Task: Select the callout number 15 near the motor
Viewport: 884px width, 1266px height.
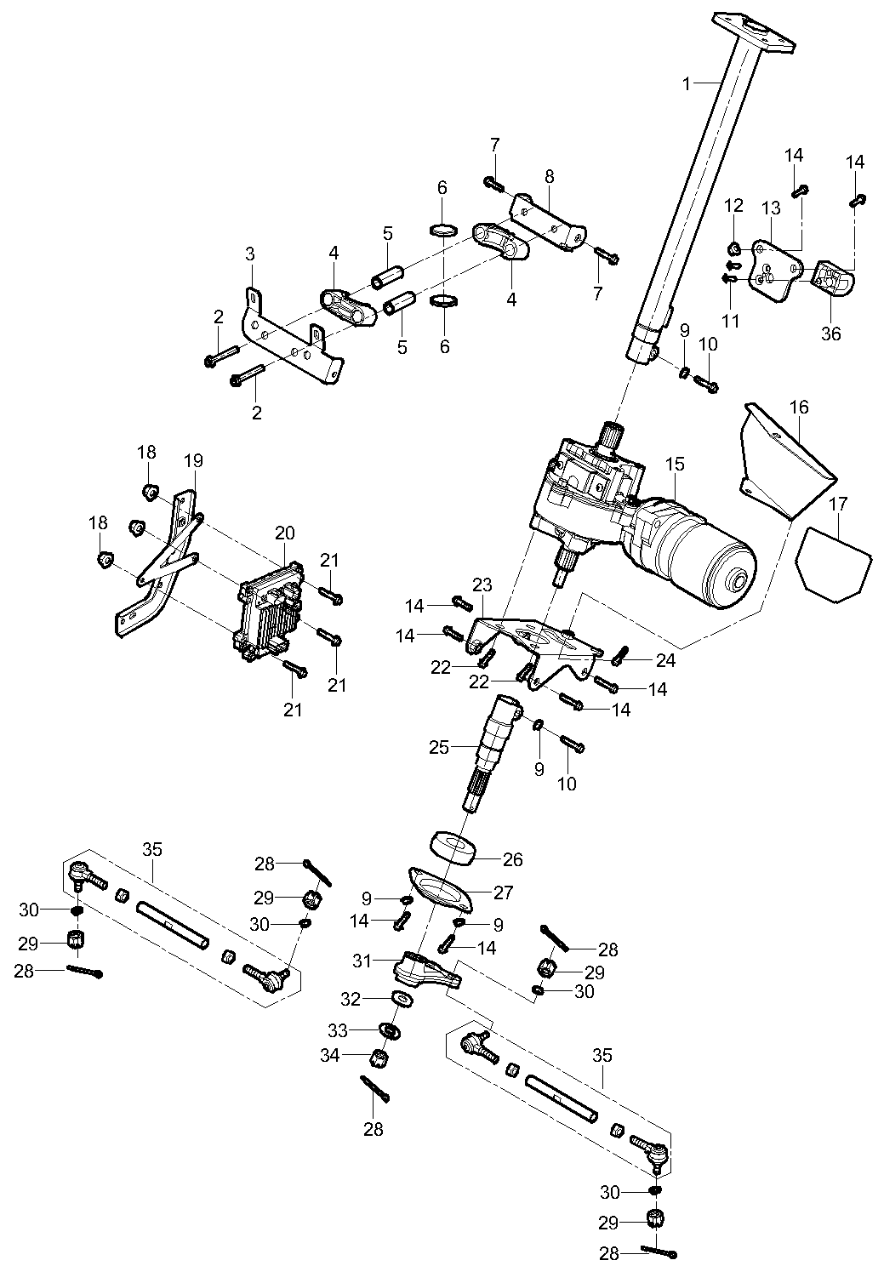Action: pyautogui.click(x=675, y=465)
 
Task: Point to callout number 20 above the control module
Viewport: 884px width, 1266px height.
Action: pyautogui.click(x=285, y=533)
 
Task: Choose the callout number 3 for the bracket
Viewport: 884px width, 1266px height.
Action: pyautogui.click(x=249, y=254)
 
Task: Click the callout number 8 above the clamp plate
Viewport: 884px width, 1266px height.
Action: pyautogui.click(x=549, y=176)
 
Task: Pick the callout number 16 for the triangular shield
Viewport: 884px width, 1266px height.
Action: pyautogui.click(x=799, y=408)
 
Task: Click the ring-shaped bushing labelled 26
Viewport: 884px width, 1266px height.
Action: pyautogui.click(x=452, y=848)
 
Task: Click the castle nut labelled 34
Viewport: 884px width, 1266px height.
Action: pyautogui.click(x=380, y=1059)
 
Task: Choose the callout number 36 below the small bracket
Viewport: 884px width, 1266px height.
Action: pyautogui.click(x=830, y=334)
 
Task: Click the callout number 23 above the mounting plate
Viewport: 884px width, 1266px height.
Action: pyautogui.click(x=482, y=585)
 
